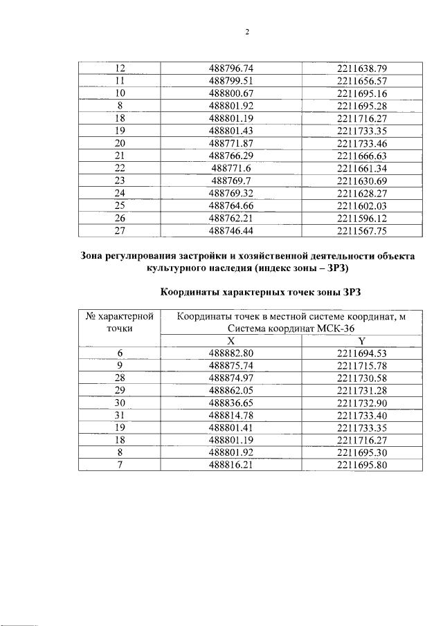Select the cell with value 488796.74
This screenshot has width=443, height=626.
pos(232,68)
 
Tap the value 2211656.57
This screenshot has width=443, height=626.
pos(362,80)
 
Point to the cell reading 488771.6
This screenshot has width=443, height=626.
pos(232,168)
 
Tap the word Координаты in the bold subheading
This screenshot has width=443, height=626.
pos(192,292)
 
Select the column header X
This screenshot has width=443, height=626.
pos(231,341)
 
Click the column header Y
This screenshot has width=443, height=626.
pos(362,341)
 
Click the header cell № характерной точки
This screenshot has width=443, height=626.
pos(120,322)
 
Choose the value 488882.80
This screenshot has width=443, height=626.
pos(232,353)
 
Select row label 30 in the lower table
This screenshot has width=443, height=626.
pos(120,403)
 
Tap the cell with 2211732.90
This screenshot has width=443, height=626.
pos(362,403)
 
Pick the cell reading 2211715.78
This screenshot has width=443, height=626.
pos(362,365)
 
